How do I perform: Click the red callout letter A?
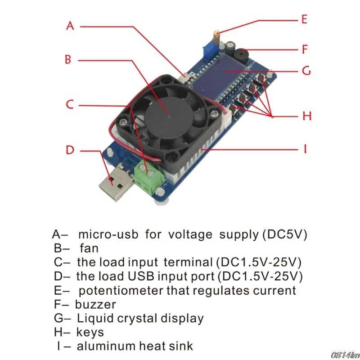[70, 26]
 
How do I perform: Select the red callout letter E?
[304, 19]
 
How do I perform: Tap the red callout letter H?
[307, 116]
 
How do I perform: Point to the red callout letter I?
[305, 148]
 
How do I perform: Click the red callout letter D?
[70, 149]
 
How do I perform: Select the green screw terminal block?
[148, 176]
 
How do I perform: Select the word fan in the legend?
[89, 247]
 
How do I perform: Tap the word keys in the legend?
[90, 333]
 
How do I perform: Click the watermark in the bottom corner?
[343, 355]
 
